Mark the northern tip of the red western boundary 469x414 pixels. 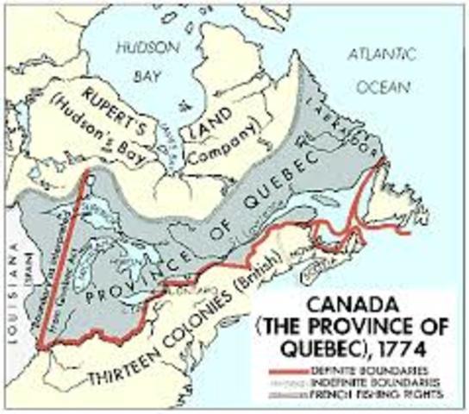pos(90,177)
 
